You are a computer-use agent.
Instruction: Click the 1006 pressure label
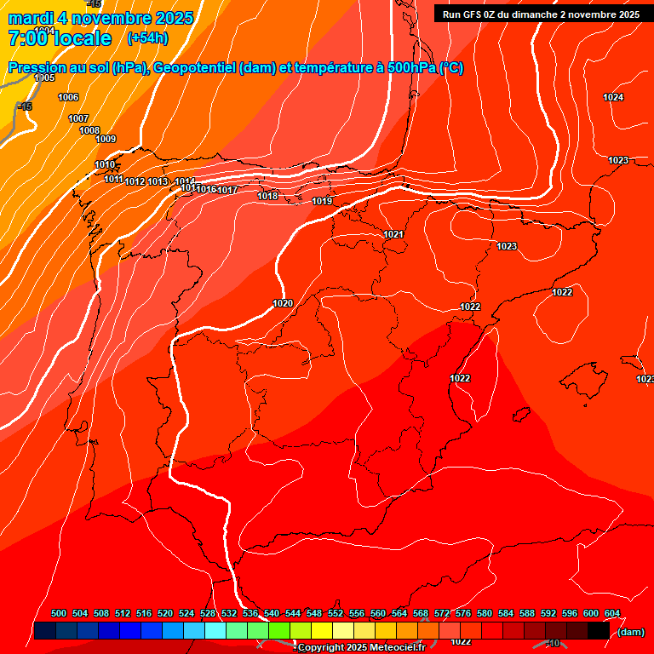coord(68,97)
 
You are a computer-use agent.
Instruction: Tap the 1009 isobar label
coord(106,139)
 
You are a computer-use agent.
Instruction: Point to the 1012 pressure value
coord(135,181)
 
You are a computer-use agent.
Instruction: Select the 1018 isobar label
coord(267,196)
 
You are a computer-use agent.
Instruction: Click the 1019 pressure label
coord(322,202)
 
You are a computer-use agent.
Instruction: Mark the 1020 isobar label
coord(283,303)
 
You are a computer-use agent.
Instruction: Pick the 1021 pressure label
coord(393,234)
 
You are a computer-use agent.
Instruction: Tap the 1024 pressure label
coord(613,97)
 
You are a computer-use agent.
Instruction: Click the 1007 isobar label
coord(78,118)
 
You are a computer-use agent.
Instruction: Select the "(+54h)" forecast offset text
coord(147,38)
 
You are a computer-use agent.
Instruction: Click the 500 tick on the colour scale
coord(59,613)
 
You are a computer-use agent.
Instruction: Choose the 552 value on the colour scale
coord(336,613)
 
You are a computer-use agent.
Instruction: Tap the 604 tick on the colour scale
coord(612,613)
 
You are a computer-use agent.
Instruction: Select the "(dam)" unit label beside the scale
coord(631,632)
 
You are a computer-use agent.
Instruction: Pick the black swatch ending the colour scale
coord(599,631)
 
